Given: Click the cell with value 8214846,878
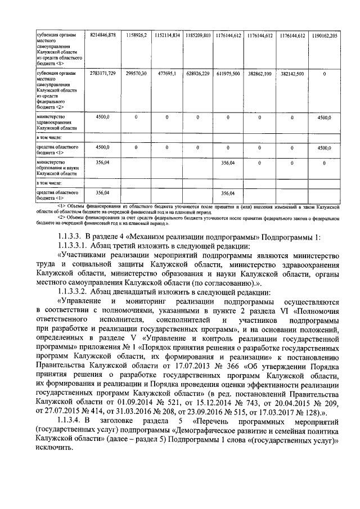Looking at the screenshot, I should click(102, 35).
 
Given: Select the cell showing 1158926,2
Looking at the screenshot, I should click(137, 35).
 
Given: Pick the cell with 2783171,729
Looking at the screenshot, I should click(102, 74).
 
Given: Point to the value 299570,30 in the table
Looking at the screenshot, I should click(137, 74).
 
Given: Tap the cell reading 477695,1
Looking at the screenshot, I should click(166, 74).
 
